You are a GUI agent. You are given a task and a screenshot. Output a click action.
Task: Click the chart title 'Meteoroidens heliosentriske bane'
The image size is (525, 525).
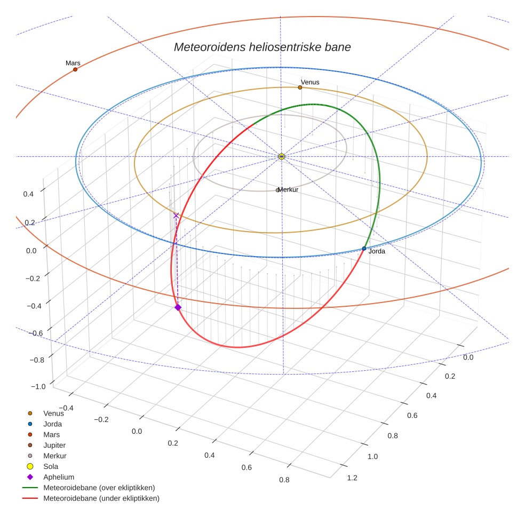click(262, 47)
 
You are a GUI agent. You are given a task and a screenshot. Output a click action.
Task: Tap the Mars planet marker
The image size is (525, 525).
click(75, 69)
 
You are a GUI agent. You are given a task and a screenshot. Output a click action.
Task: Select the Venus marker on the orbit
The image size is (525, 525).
click(300, 87)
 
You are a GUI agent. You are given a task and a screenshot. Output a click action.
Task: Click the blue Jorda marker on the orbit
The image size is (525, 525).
click(364, 249)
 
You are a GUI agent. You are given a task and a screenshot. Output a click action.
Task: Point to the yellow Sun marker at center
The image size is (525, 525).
click(282, 156)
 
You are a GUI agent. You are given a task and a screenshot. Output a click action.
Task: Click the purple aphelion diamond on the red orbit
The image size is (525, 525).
click(178, 307)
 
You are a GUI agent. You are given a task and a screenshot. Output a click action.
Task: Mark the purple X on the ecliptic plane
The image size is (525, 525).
click(176, 216)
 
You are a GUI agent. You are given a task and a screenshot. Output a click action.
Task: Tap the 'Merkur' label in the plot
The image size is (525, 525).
click(288, 190)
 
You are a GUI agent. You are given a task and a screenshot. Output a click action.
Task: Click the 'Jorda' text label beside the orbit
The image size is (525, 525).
click(377, 251)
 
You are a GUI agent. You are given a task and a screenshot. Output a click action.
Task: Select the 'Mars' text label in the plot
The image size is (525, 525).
click(73, 63)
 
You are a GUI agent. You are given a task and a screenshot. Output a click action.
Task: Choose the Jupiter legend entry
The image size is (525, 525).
click(54, 445)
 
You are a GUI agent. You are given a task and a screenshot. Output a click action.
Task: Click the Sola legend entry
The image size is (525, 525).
click(52, 466)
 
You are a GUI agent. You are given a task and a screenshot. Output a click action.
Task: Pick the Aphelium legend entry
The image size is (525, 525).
click(59, 477)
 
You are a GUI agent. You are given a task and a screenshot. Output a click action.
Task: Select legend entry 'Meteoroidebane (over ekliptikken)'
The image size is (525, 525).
click(99, 488)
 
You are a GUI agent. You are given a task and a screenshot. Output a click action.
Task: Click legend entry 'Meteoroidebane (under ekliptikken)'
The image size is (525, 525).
click(101, 498)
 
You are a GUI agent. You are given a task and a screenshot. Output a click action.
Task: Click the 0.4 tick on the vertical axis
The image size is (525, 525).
click(28, 194)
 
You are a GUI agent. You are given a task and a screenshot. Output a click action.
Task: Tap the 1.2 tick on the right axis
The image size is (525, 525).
click(352, 478)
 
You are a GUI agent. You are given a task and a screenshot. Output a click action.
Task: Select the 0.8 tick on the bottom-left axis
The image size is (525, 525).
click(284, 480)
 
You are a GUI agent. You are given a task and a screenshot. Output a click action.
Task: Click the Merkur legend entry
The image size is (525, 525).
click(54, 456)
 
